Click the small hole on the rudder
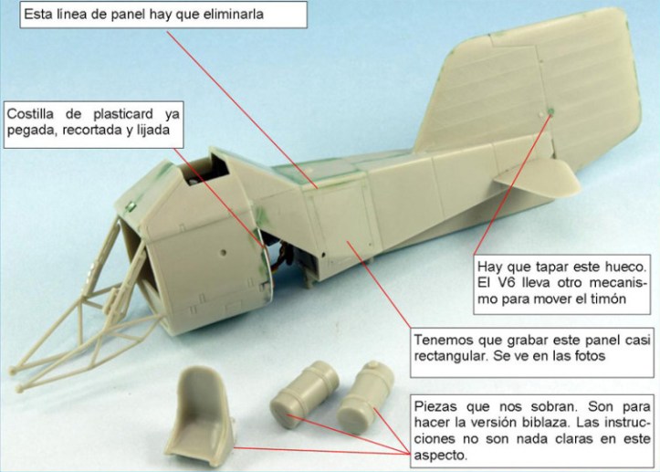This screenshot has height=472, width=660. tap(545, 112)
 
